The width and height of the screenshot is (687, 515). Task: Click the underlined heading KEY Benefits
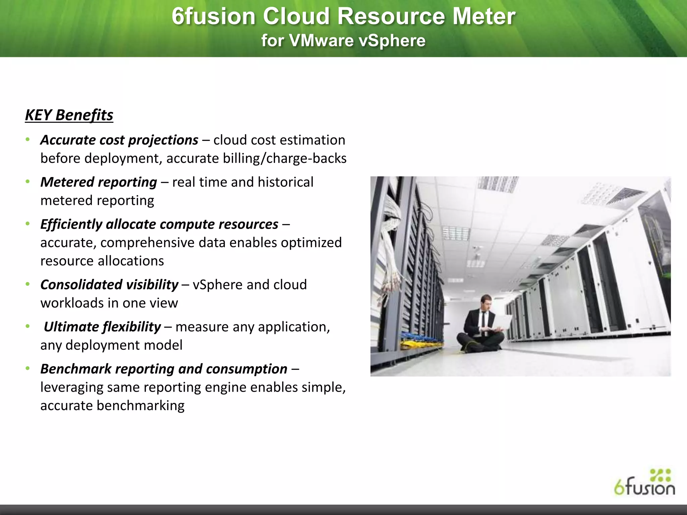pyautogui.click(x=69, y=115)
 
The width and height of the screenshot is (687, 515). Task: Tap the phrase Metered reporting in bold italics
pyautogui.click(x=99, y=182)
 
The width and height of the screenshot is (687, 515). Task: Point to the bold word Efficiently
pyautogui.click(x=71, y=224)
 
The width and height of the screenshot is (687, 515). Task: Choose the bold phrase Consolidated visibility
pyautogui.click(x=109, y=285)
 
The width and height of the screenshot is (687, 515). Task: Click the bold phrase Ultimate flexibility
pyautogui.click(x=102, y=327)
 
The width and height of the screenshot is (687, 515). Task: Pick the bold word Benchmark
pyautogui.click(x=76, y=369)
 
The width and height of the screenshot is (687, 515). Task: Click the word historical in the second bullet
pyautogui.click(x=285, y=182)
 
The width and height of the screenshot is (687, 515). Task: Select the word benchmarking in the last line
pyautogui.click(x=141, y=406)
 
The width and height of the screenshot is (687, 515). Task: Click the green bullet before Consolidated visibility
pyautogui.click(x=28, y=285)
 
